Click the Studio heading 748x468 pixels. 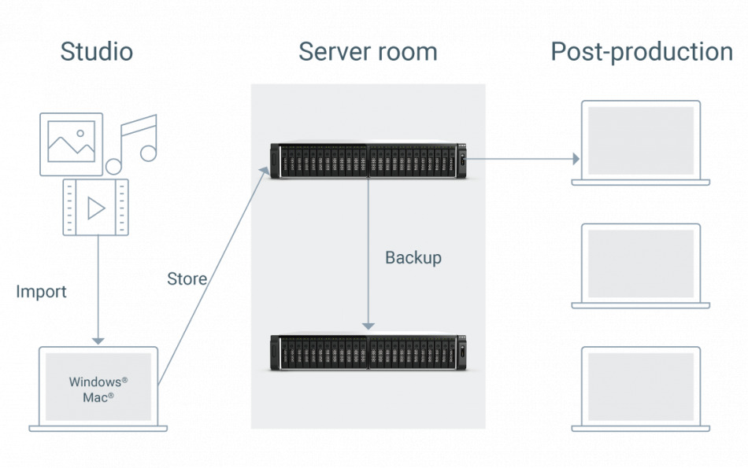(x=96, y=52)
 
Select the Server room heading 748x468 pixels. (x=368, y=52)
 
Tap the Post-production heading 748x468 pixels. (x=642, y=52)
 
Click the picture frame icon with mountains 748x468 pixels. (x=71, y=144)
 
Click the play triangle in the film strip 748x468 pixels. (x=96, y=208)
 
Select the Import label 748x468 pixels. (x=41, y=292)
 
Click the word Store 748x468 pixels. (x=187, y=279)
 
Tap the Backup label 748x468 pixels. (x=413, y=258)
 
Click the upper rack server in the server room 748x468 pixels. (x=368, y=160)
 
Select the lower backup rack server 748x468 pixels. (x=368, y=353)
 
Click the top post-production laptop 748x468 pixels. (x=641, y=142)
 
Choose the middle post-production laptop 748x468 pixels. (x=641, y=265)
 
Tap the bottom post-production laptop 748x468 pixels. (x=641, y=389)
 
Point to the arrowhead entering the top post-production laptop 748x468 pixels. (x=576, y=159)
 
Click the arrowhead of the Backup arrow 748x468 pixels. (x=367, y=326)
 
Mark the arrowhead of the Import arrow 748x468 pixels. (x=98, y=340)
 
